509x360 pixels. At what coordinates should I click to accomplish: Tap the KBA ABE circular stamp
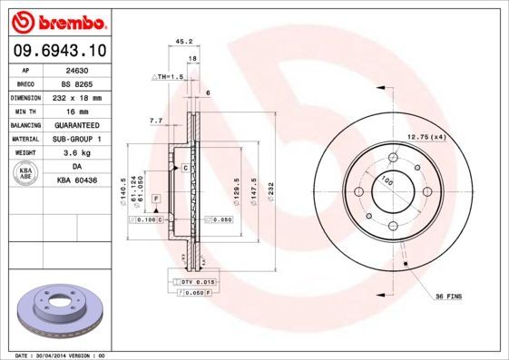point(27,173)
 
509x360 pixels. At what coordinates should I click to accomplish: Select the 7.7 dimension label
point(155,121)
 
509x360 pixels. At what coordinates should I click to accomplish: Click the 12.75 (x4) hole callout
point(426,136)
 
